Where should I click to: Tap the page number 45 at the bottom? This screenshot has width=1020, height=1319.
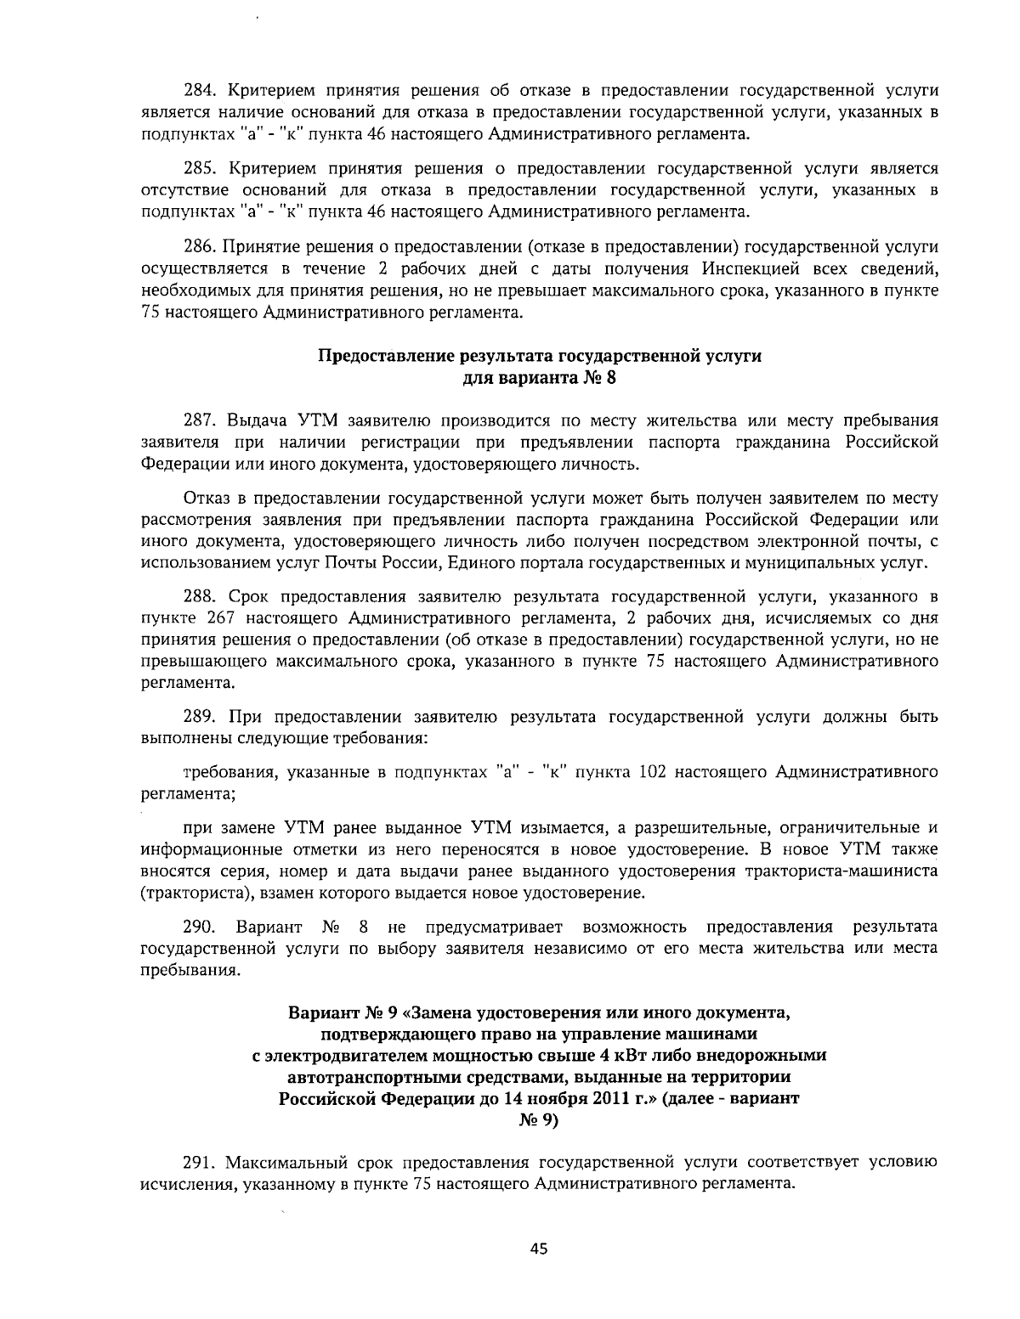point(539,1249)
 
